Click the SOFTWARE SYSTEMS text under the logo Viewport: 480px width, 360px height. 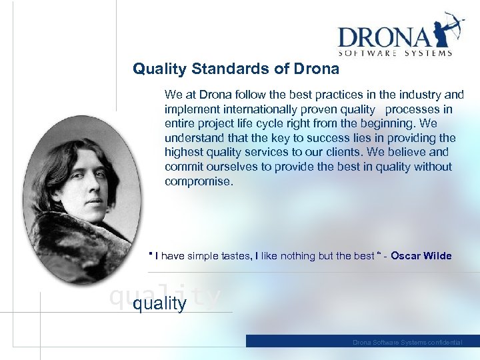coord(395,53)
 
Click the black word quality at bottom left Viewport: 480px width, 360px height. coord(160,304)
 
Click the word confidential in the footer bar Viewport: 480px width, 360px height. coord(445,342)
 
